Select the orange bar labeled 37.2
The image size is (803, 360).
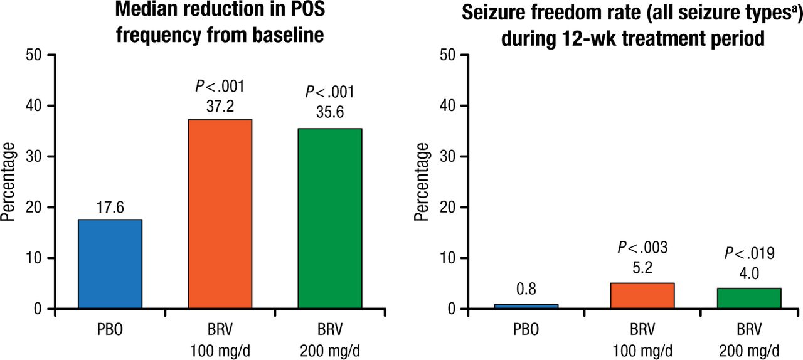tap(220, 214)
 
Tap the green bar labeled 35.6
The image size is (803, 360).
tap(330, 218)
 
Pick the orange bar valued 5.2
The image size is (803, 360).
tap(642, 296)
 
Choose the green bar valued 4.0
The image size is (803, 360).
tap(750, 298)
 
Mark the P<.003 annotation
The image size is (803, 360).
tap(642, 248)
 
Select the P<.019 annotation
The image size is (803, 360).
tap(750, 253)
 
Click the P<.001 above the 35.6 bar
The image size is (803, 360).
tap(330, 92)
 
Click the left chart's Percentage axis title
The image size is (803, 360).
tap(9, 182)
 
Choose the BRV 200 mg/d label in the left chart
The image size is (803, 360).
tap(330, 339)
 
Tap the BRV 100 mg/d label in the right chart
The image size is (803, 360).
tap(642, 339)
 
